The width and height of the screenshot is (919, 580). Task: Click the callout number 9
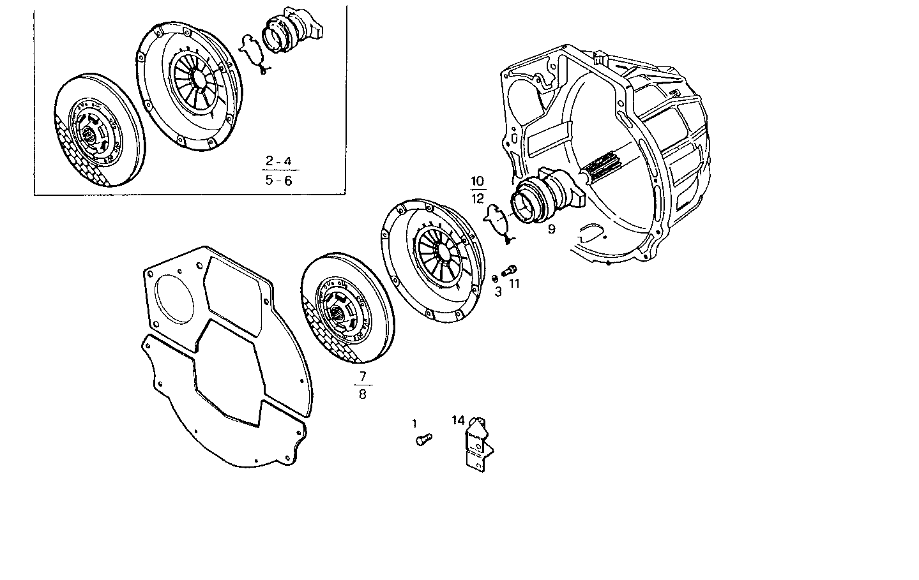(x=551, y=228)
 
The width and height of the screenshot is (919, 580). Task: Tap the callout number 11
(x=515, y=284)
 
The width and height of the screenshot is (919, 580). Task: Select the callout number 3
(x=498, y=292)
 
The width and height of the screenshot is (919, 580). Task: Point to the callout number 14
(x=459, y=420)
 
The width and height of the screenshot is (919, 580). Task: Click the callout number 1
(x=414, y=423)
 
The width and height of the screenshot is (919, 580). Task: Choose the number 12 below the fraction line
(x=478, y=198)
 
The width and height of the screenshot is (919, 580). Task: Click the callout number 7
(x=363, y=376)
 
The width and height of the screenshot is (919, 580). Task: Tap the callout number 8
(x=363, y=394)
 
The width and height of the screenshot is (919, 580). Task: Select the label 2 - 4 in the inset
(x=278, y=161)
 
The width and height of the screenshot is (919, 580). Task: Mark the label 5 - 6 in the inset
(x=278, y=181)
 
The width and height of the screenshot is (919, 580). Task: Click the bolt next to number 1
(x=423, y=439)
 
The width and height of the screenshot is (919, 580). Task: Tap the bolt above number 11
(x=510, y=270)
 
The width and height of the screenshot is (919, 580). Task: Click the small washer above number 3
(x=495, y=278)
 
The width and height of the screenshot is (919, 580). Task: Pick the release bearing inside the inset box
(x=291, y=34)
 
